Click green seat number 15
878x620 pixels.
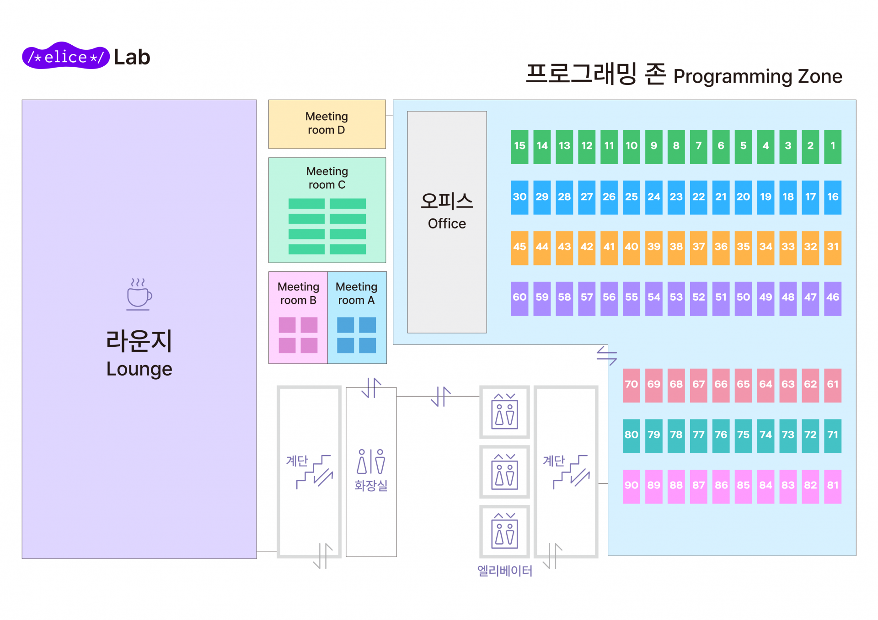click(x=519, y=147)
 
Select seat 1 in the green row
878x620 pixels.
click(x=833, y=147)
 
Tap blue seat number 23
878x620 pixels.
click(x=676, y=197)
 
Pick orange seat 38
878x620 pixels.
click(x=676, y=248)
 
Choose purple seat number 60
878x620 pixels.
click(x=519, y=298)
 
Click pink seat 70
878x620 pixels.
click(x=631, y=385)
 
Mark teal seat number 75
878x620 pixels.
click(x=743, y=435)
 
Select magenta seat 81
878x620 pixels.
click(x=833, y=486)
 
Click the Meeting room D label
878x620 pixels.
click(x=327, y=123)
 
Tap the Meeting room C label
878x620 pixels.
click(x=327, y=178)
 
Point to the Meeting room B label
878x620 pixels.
click(x=298, y=293)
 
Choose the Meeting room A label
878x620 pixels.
click(x=356, y=293)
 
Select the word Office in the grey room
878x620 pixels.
click(x=447, y=224)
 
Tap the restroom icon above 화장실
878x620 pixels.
click(x=371, y=461)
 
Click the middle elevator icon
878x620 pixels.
click(x=504, y=472)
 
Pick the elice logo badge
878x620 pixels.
click(x=66, y=57)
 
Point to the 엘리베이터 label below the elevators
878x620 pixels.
click(x=504, y=571)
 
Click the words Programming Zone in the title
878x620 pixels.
click(x=757, y=76)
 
